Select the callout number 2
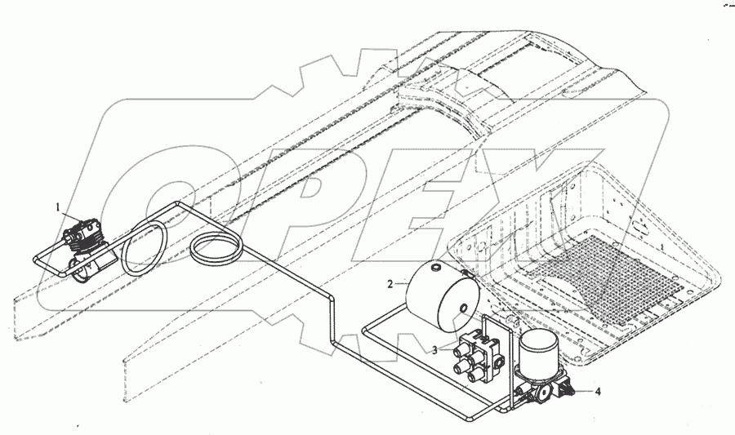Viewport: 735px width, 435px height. [390, 284]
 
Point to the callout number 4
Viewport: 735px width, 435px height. [599, 392]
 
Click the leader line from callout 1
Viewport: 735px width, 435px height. [69, 215]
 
